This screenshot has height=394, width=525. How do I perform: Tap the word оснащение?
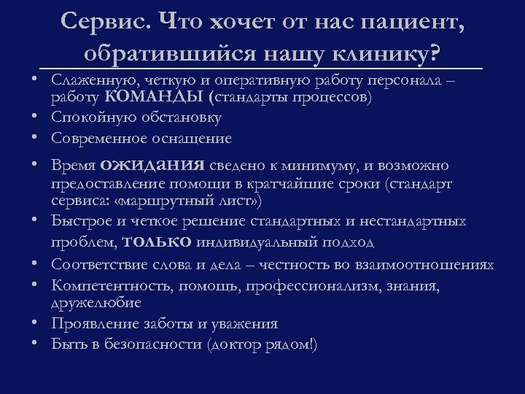195,138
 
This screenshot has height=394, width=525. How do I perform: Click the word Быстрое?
79,221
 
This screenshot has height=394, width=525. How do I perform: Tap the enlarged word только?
158,241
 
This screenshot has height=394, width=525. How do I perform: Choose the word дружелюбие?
96,301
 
